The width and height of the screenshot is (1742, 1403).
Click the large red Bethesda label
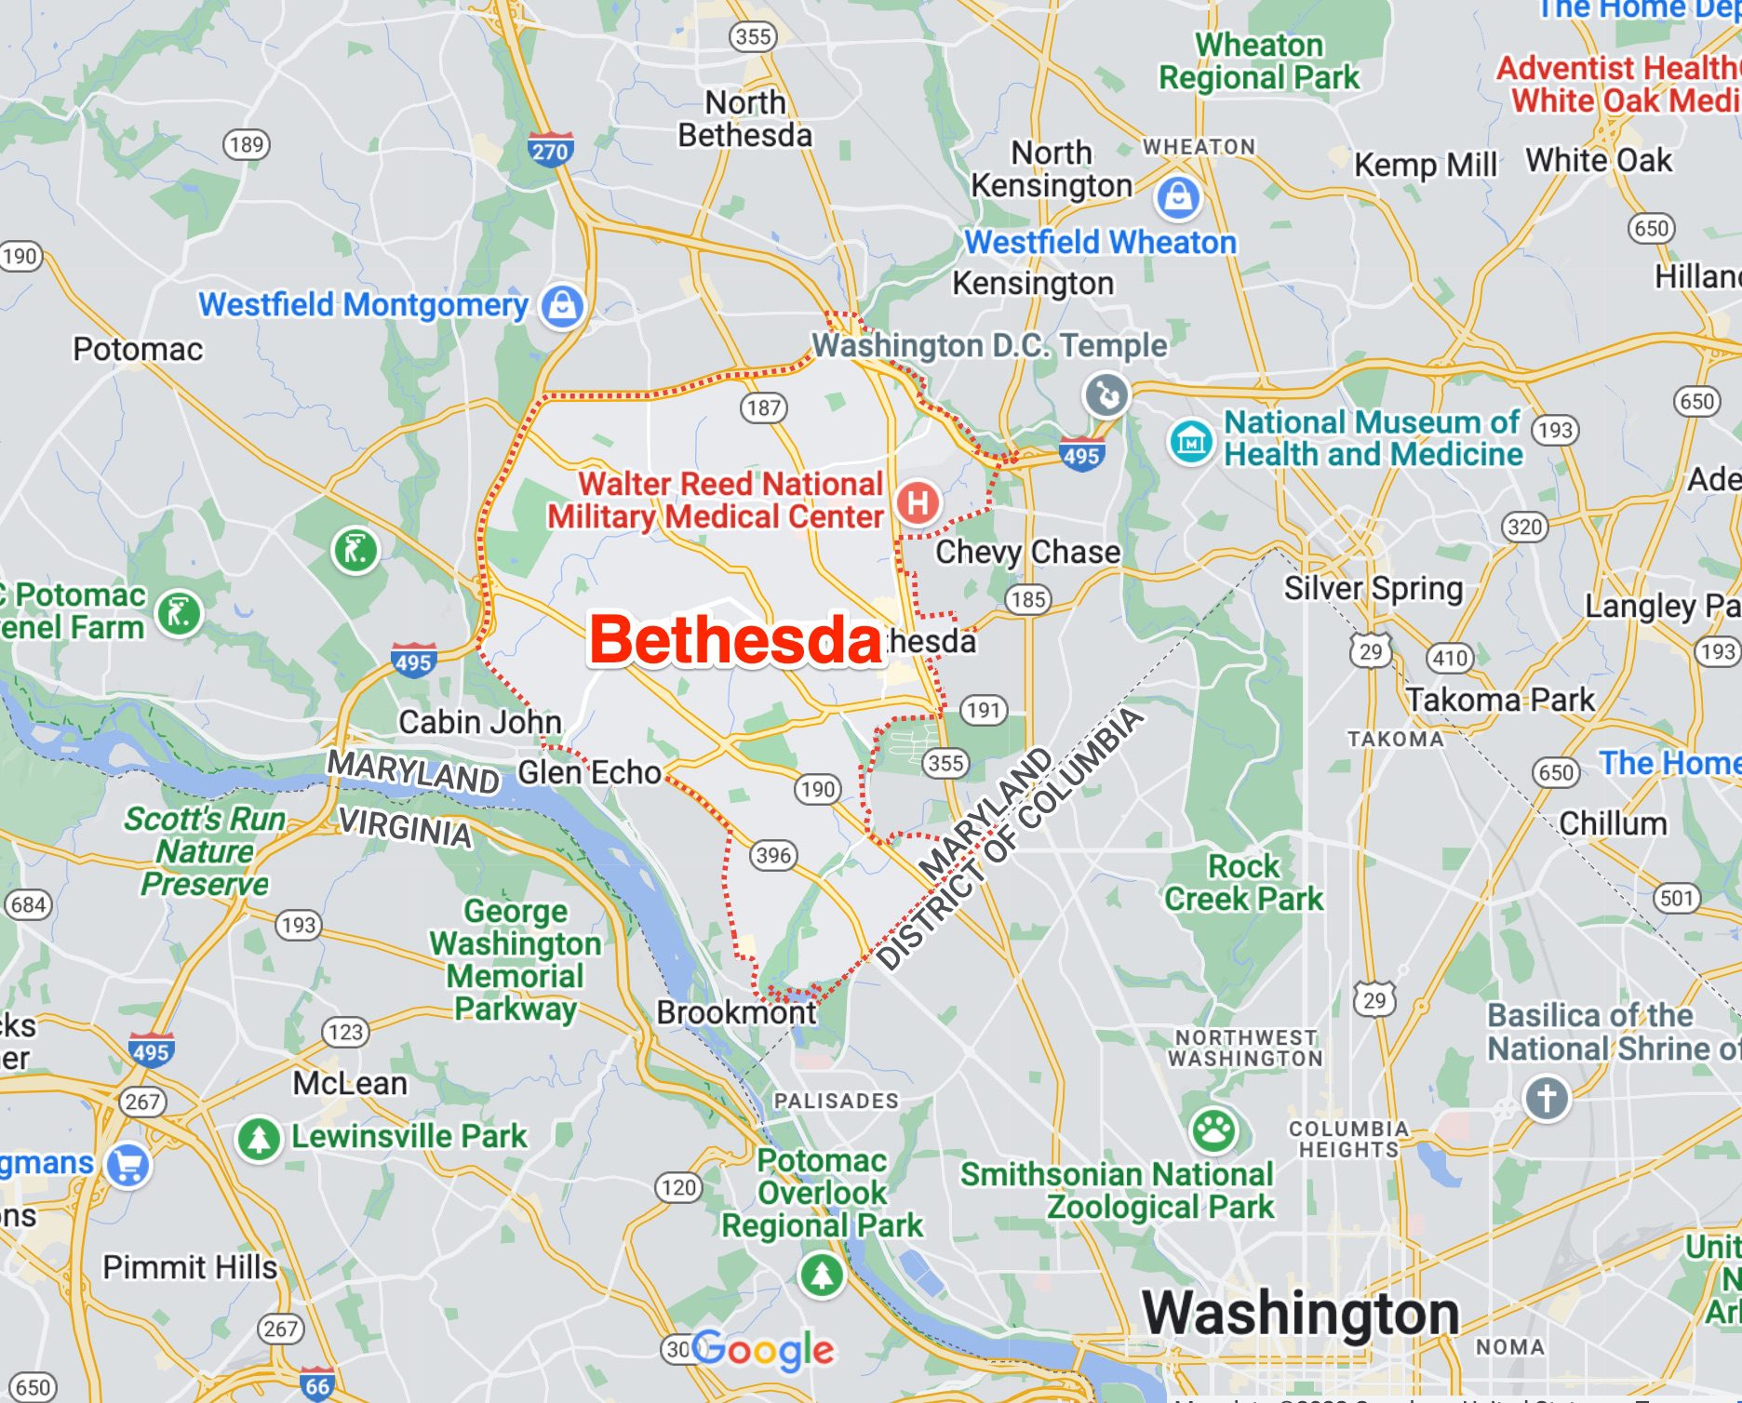pyautogui.click(x=735, y=640)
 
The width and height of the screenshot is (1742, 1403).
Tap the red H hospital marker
pyautogui.click(x=918, y=502)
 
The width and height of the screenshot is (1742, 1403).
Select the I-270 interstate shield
pyautogui.click(x=550, y=151)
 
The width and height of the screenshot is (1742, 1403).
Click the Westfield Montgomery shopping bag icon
pyautogui.click(x=563, y=305)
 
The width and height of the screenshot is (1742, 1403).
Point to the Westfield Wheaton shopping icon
pyautogui.click(x=1178, y=196)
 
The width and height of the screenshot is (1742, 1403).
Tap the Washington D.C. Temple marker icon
pyautogui.click(x=1106, y=394)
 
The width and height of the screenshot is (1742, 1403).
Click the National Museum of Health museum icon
pyautogui.click(x=1190, y=441)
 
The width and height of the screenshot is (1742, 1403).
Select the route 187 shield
pyautogui.click(x=764, y=408)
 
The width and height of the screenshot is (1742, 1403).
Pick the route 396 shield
pyautogui.click(x=773, y=855)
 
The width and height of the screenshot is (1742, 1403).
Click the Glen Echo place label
pyautogui.click(x=589, y=772)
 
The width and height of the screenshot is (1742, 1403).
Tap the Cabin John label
pyautogui.click(x=479, y=722)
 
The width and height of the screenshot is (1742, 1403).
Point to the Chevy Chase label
pyautogui.click(x=1027, y=552)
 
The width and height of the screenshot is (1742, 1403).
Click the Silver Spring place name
pyautogui.click(x=1373, y=588)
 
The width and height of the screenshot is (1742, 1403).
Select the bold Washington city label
pyautogui.click(x=1300, y=1313)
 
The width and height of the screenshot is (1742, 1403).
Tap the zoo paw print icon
pyautogui.click(x=1213, y=1129)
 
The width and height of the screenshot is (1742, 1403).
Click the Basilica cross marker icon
pyautogui.click(x=1547, y=1098)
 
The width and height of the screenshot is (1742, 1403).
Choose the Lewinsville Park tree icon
pyautogui.click(x=260, y=1138)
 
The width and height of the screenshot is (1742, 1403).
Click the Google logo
pyautogui.click(x=763, y=1350)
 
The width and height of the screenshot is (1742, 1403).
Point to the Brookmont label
pyautogui.click(x=735, y=1012)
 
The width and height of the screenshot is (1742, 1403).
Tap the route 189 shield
pyautogui.click(x=247, y=144)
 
